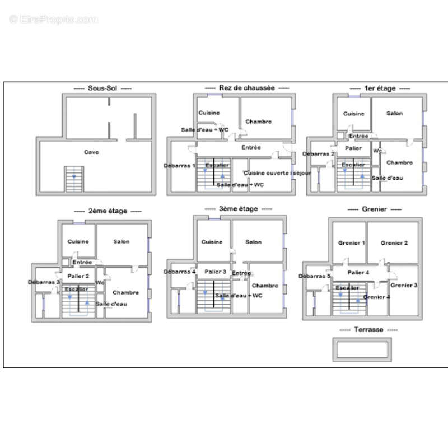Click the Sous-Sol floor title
coord(103,88)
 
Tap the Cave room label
coord(91,152)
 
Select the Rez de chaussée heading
coord(247,88)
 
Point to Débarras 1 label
coord(179,166)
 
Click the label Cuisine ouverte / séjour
coord(269,173)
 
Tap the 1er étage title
coord(380,88)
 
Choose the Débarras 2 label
coord(319,154)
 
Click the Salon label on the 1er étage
coord(394,113)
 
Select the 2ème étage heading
coord(108,211)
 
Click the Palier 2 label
coord(78,276)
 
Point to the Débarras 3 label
coord(44,282)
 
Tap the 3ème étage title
coord(239,208)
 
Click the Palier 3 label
coord(215,272)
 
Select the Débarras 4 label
coord(180,272)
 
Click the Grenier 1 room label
coord(352,243)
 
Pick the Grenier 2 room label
coord(394,243)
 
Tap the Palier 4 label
coord(358,273)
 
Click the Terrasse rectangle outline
coord(362,339)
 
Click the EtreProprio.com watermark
coord(53,20)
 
